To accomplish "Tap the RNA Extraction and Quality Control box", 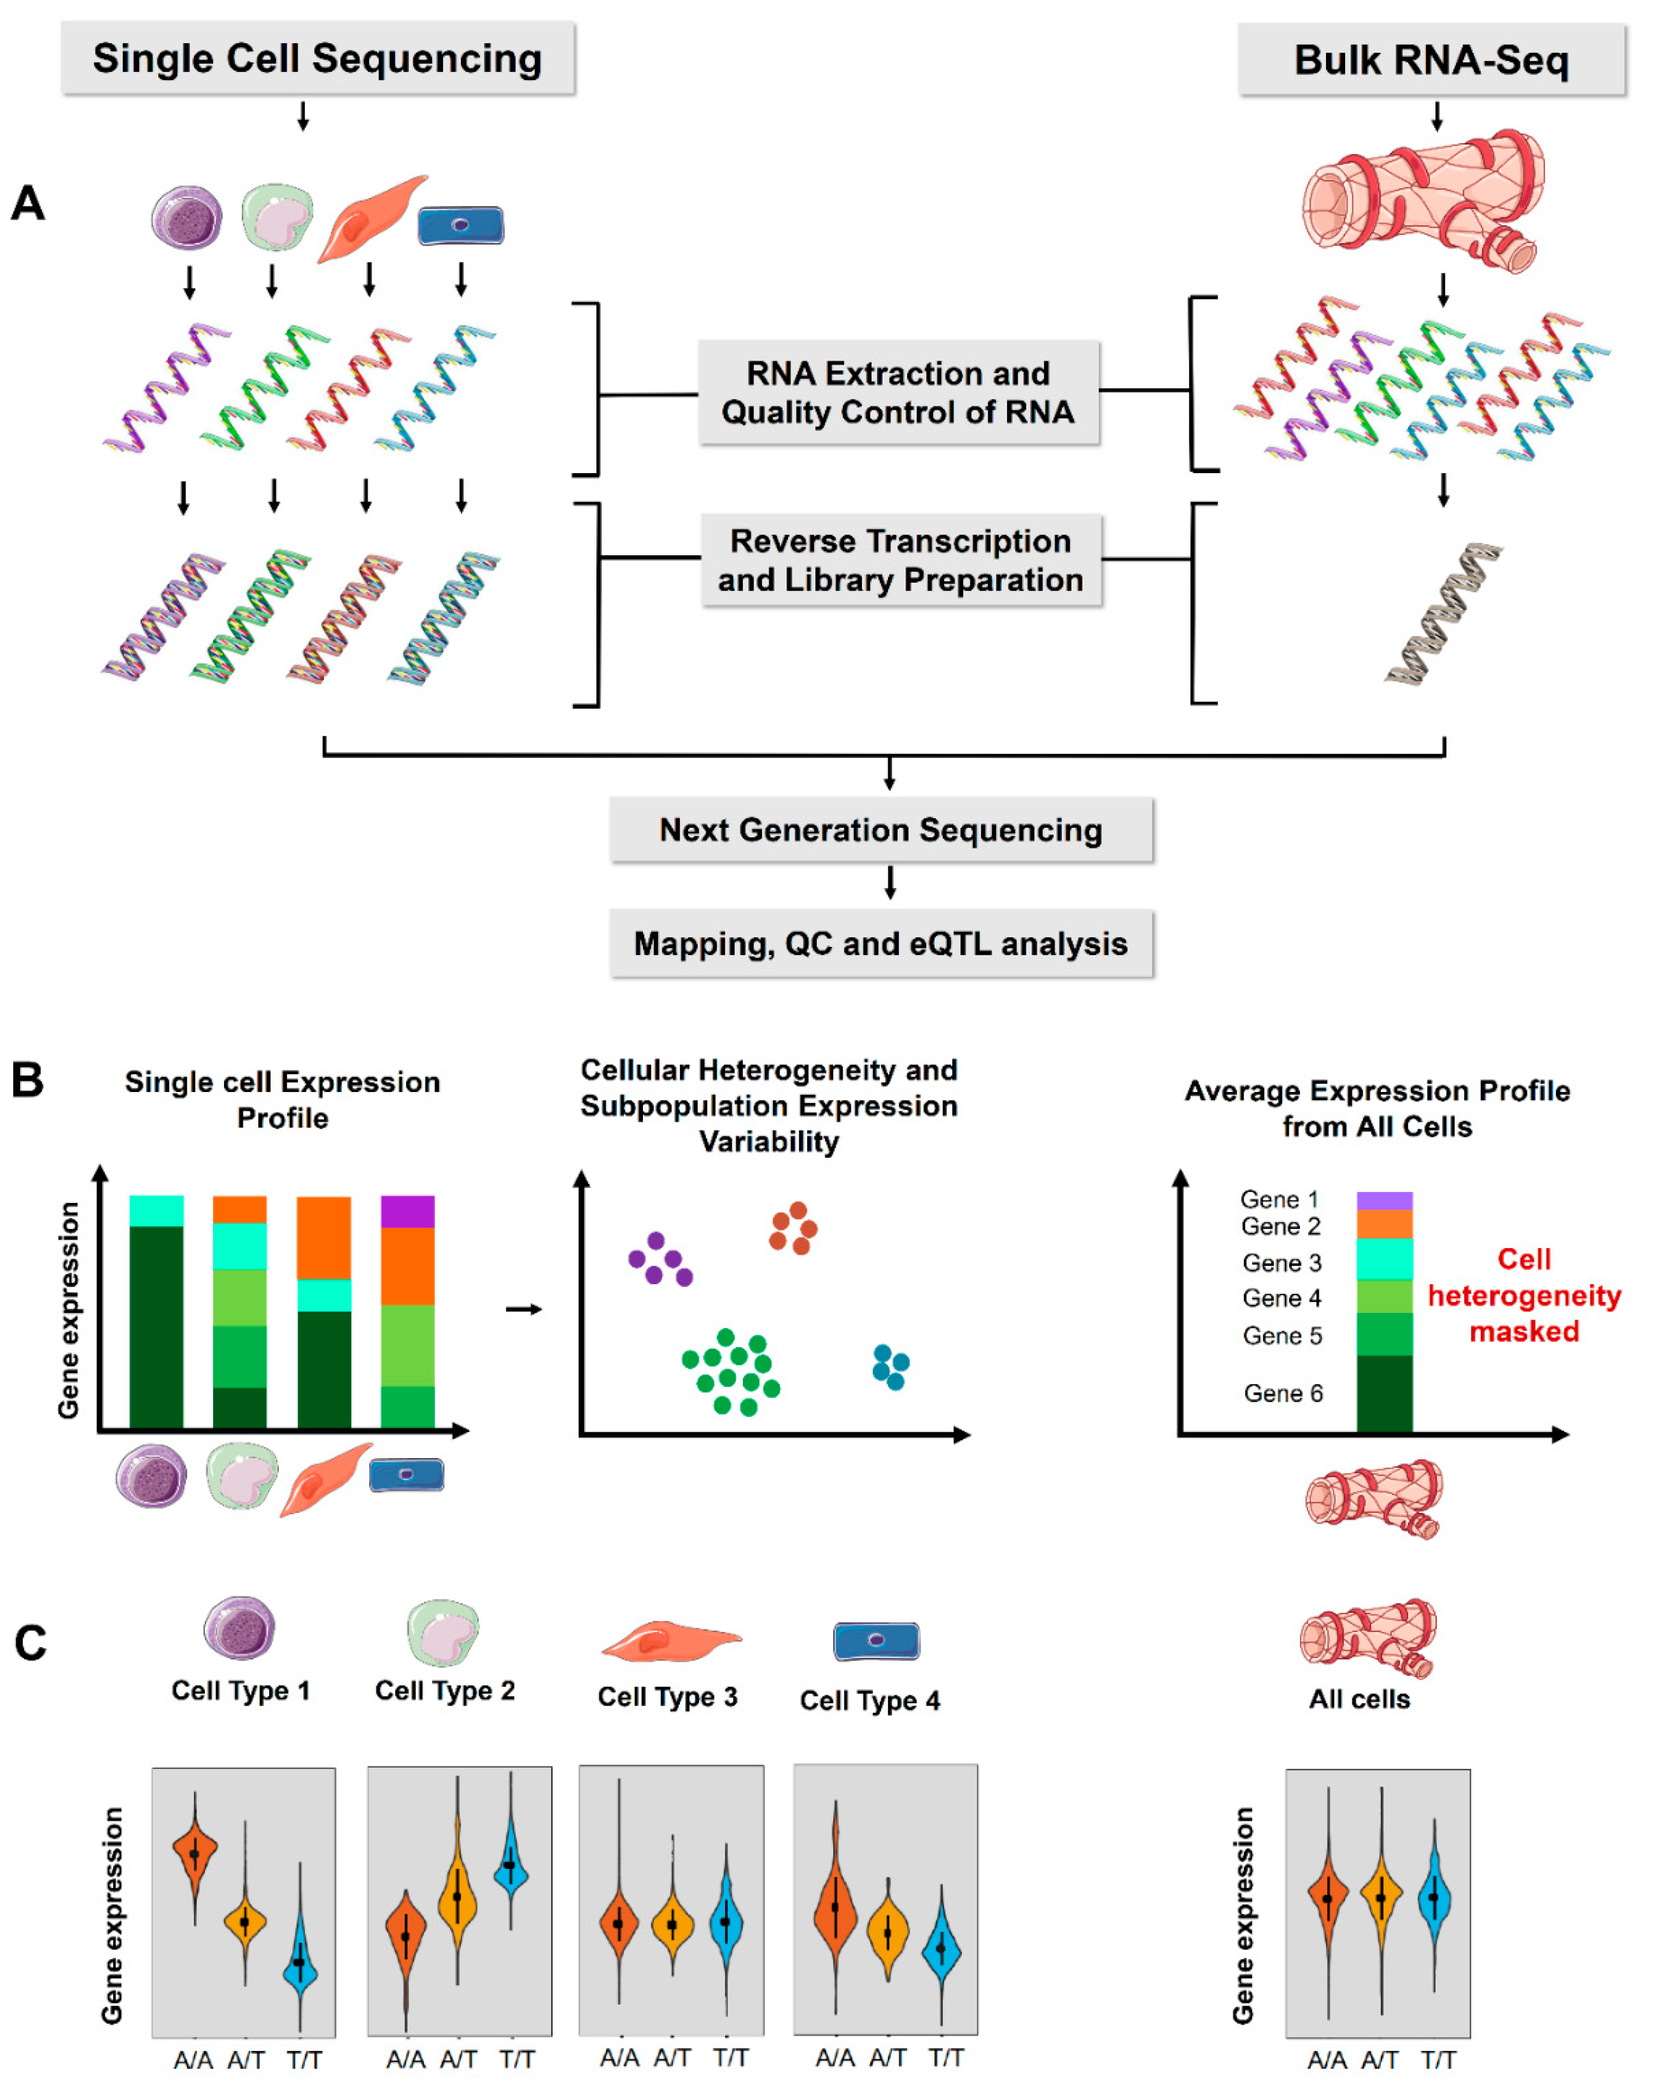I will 898,392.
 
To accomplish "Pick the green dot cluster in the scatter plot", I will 732,1371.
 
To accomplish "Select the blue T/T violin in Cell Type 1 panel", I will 300,1961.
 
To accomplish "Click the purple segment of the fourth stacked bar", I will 407,1212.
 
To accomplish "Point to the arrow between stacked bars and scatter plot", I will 523,1309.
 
